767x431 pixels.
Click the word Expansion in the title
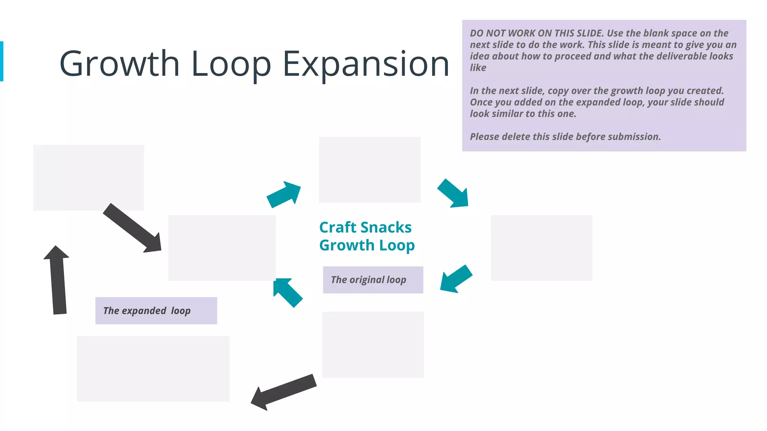tap(366, 64)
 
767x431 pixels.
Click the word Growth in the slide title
tap(119, 64)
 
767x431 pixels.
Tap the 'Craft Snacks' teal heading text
tap(365, 227)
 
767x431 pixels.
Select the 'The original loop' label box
tap(373, 280)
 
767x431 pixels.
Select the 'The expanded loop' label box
tap(156, 311)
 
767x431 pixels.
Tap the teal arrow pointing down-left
tap(455, 279)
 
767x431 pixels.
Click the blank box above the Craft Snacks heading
tap(370, 169)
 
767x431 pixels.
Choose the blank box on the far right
tap(541, 248)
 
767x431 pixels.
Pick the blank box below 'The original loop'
tap(373, 344)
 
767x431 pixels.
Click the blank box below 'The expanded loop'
tap(153, 369)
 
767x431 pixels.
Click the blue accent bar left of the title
tap(1, 61)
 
